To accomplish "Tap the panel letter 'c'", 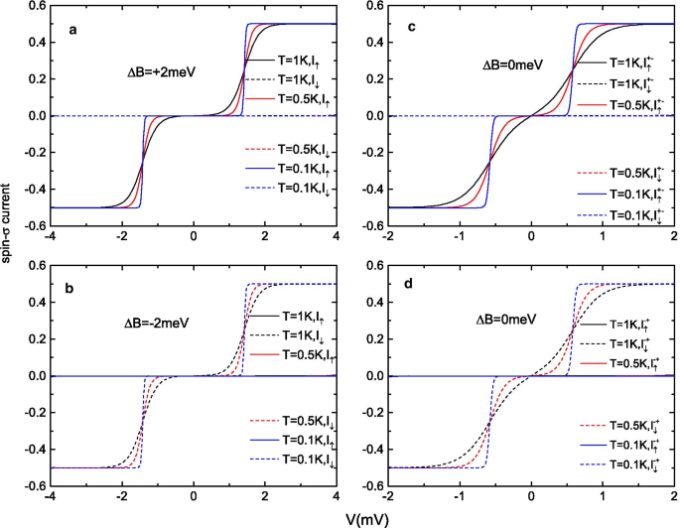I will pyautogui.click(x=411, y=30).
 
